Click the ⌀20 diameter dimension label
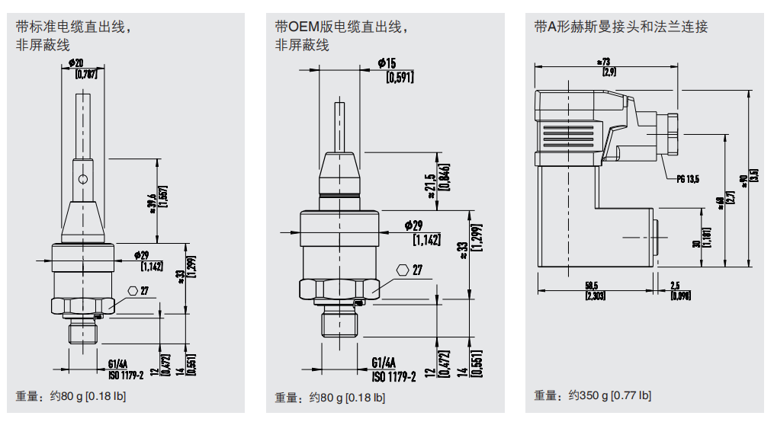[75, 61]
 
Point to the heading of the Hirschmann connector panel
[621, 27]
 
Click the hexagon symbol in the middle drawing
[403, 270]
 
